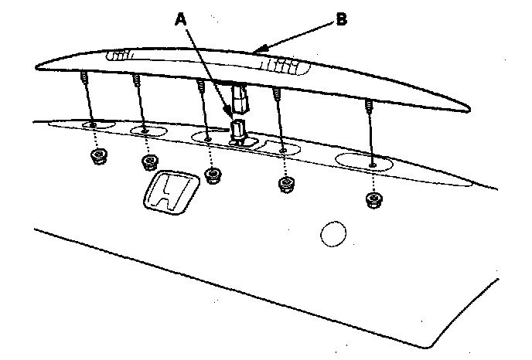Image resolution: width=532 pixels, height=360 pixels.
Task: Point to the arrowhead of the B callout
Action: tap(256, 51)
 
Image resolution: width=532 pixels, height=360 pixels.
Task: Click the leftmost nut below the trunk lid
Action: tap(98, 156)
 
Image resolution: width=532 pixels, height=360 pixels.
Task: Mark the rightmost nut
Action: tap(374, 201)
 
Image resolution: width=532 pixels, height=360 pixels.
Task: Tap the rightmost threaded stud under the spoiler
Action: tap(369, 105)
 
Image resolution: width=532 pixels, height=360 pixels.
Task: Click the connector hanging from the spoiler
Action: tap(240, 96)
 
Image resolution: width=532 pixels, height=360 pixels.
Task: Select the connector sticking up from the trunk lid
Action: tap(239, 128)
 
